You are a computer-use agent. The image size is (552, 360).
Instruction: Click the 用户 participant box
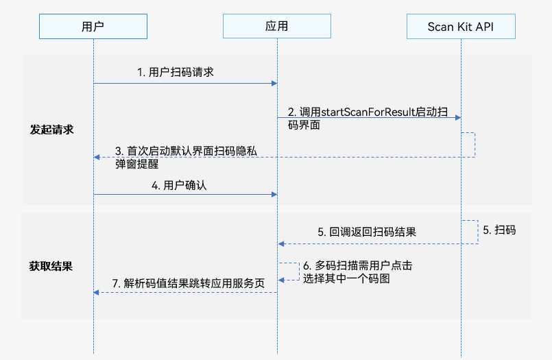(93, 27)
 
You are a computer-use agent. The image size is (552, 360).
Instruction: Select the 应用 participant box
(277, 27)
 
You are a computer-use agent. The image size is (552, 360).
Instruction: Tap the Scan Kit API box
(460, 27)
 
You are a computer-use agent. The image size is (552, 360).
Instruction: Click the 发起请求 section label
(51, 130)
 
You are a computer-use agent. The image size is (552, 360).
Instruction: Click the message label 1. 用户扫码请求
(176, 72)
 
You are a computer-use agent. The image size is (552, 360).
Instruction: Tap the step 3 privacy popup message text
(185, 158)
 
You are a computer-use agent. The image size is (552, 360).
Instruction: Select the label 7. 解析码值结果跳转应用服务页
(188, 282)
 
